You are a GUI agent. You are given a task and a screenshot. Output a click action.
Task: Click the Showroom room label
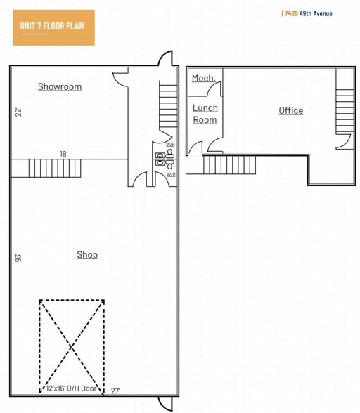pos(60,87)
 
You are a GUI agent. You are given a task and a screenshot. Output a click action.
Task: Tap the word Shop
pos(87,255)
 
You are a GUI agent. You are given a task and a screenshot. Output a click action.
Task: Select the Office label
pos(290,111)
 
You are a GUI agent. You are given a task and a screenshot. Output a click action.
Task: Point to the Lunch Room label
pos(205,114)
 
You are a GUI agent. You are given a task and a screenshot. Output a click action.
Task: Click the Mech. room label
pos(203,79)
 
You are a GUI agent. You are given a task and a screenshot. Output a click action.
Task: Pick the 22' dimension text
pos(18,112)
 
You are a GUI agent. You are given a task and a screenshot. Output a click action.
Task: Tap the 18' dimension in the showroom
pos(63,154)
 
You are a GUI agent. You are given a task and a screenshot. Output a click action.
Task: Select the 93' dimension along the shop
pos(18,257)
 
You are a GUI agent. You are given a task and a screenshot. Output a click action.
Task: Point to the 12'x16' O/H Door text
pos(72,388)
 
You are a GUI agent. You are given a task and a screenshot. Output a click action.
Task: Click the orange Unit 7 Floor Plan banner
pos(53,27)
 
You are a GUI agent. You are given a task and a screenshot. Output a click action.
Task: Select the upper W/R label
pos(170,145)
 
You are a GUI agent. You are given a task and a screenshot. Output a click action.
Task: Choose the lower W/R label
pos(170,173)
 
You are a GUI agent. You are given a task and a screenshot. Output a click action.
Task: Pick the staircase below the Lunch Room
pos(229,165)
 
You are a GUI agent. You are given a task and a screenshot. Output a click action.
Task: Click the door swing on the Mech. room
pos(214,89)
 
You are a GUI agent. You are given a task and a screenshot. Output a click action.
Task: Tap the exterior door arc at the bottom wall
pos(165,403)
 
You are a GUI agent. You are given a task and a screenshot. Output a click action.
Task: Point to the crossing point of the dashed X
pos(72,346)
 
